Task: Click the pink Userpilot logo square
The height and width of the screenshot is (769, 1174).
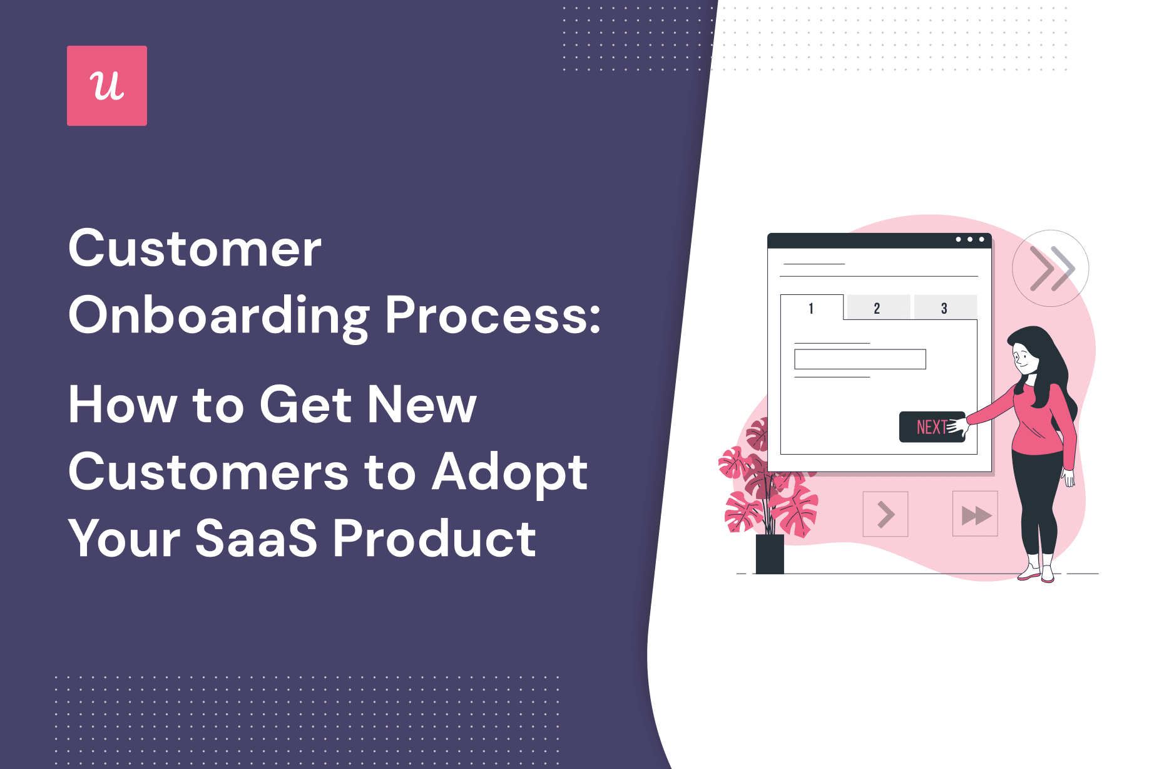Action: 107,86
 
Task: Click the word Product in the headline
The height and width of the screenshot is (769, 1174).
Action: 434,538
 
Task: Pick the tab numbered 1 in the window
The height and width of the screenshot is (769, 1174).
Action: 812,308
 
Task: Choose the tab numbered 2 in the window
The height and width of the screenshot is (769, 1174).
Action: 877,308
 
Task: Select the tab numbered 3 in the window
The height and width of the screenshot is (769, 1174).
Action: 944,308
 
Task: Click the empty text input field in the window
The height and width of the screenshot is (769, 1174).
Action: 860,359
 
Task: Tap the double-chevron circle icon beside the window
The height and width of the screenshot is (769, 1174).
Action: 1050,269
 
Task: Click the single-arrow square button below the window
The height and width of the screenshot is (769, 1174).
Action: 885,514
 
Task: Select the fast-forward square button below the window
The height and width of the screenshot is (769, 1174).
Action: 975,514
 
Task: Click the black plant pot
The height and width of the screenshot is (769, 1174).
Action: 770,554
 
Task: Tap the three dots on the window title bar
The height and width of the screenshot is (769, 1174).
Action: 970,239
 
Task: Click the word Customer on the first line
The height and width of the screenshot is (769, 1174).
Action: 195,249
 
